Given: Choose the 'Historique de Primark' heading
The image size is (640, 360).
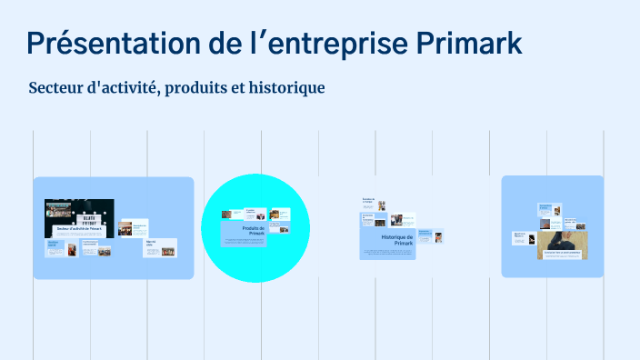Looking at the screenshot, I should click(398, 240).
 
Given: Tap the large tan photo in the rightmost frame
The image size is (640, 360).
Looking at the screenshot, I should click(562, 245).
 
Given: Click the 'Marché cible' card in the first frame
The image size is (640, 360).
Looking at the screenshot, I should click(161, 247).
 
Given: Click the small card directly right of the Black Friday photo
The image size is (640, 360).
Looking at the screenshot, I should click(133, 227).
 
